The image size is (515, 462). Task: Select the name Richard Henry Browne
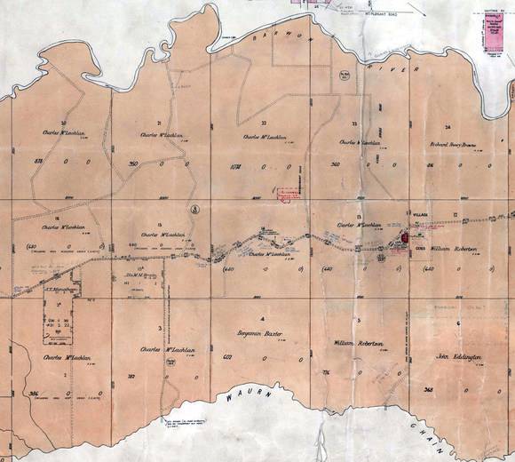coord(455,141)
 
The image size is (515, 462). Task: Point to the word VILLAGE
coord(422,215)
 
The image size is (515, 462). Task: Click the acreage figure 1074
coord(235,166)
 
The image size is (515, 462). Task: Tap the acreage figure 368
coord(430,389)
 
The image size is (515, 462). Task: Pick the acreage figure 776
coord(326,371)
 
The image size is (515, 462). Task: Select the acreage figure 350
coord(134,164)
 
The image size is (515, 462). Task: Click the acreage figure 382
coord(132,377)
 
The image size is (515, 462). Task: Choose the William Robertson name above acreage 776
coord(358,342)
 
